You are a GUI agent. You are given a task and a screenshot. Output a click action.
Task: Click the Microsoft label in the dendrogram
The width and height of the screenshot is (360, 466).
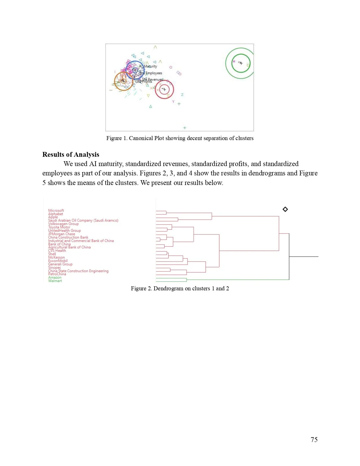[x=56, y=210]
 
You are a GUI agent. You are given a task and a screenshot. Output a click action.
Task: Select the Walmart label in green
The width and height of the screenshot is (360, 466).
[x=55, y=281]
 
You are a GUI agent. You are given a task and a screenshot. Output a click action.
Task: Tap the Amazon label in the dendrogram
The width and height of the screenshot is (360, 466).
[x=55, y=277]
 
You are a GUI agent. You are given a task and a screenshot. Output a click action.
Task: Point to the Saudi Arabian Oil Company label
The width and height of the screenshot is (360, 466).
[x=83, y=220]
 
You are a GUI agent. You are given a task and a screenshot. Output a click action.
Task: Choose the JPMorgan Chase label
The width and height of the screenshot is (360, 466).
[x=62, y=234]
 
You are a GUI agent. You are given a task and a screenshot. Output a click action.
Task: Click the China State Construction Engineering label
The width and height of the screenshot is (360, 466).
[x=78, y=271]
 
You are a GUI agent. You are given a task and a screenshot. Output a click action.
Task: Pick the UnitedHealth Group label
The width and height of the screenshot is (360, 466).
[x=64, y=230]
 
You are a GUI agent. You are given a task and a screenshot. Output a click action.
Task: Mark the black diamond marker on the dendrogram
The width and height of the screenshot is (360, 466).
[x=285, y=209]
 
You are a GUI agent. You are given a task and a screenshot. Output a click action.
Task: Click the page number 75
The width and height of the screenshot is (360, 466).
[x=314, y=439]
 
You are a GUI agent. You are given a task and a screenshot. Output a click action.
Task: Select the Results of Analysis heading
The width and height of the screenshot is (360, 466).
[x=71, y=154]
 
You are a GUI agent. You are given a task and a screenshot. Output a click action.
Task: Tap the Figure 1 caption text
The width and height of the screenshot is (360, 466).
[x=180, y=138]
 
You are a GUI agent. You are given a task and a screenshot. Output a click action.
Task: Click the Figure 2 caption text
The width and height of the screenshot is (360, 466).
[x=180, y=288]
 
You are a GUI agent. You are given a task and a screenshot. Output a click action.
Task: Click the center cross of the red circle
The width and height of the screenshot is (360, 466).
[x=164, y=90]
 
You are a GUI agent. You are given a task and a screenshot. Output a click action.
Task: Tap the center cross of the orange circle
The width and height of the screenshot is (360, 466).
[x=123, y=81]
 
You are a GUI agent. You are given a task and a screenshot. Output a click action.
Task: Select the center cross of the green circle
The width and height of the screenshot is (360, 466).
[x=241, y=63]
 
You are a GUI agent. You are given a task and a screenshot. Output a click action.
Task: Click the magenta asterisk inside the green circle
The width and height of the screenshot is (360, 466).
[x=234, y=61]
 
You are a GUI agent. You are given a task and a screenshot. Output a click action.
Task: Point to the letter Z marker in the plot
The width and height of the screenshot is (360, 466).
[x=182, y=95]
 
